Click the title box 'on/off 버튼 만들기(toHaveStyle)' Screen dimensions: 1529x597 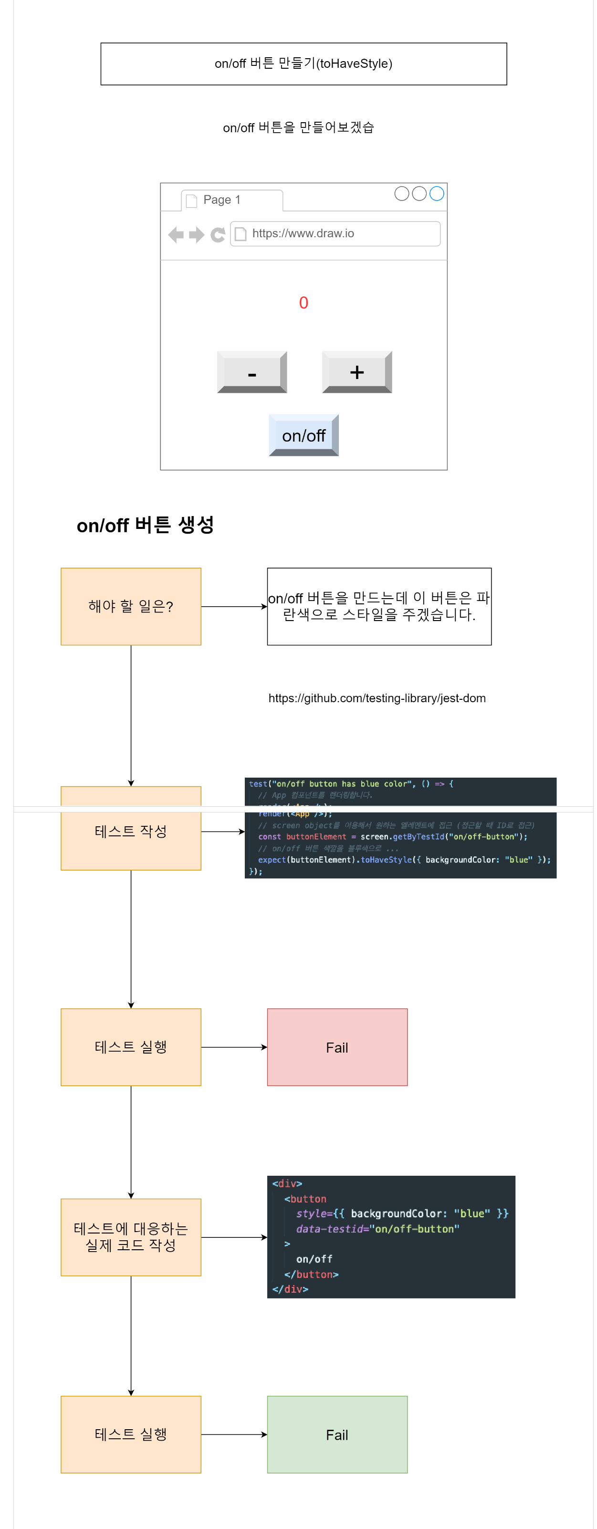tap(303, 63)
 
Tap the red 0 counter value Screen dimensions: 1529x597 tap(303, 303)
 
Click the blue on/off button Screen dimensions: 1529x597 tap(303, 435)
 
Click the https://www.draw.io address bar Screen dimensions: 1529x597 tap(335, 233)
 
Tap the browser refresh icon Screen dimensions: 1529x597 tap(218, 234)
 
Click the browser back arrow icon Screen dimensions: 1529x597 tap(176, 234)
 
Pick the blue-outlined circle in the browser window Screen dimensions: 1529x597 tap(436, 193)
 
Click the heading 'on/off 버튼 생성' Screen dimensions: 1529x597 tap(146, 525)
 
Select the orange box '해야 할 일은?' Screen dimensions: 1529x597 tap(131, 606)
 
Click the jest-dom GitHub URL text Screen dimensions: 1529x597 tap(377, 698)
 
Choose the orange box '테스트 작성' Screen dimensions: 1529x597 tap(131, 831)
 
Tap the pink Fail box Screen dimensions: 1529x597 tap(337, 1047)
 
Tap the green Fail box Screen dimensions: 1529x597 tap(337, 1434)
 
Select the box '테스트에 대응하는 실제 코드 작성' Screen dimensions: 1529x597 tap(131, 1237)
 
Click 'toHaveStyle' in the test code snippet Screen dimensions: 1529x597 tap(386, 859)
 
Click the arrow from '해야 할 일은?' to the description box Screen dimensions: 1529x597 tap(234, 606)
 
